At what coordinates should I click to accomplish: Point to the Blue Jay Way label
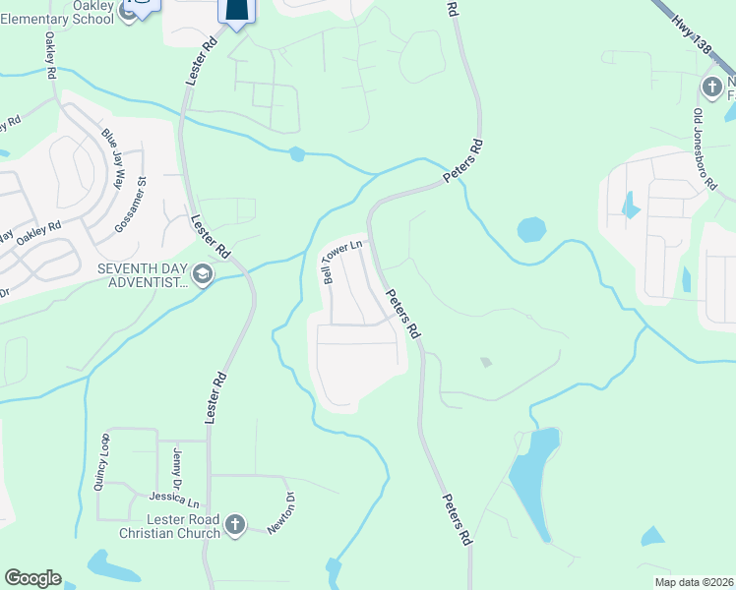[x=115, y=157]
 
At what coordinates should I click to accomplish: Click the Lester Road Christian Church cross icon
[x=234, y=525]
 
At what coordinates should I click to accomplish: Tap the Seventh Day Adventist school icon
[x=203, y=274]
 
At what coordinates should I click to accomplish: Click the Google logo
[x=31, y=578]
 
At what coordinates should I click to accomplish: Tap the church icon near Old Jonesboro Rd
[x=711, y=88]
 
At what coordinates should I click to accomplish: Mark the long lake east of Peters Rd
[x=531, y=482]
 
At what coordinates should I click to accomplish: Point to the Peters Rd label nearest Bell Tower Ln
[x=403, y=315]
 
